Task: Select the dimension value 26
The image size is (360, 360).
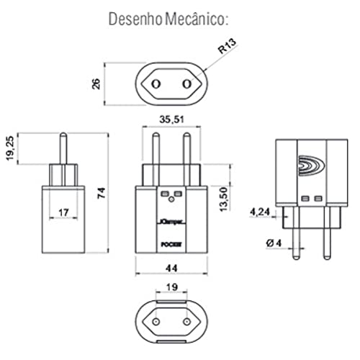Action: (x=96, y=84)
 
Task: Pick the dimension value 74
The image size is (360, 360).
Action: (x=101, y=192)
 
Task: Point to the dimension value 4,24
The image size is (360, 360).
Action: (x=261, y=212)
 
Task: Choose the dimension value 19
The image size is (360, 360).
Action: (x=171, y=286)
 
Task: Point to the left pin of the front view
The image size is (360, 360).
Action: (x=154, y=148)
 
